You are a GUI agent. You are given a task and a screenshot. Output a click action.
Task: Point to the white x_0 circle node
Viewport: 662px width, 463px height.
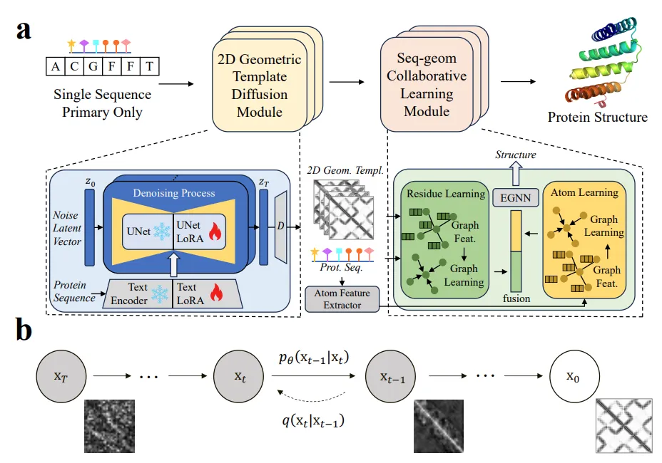coord(574,377)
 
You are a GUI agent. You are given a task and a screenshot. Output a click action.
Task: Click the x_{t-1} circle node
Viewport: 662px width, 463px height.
coord(390,377)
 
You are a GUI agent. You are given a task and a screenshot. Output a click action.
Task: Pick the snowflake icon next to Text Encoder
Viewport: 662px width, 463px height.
coord(162,293)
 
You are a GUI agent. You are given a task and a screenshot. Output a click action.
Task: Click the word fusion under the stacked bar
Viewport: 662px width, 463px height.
coord(516,298)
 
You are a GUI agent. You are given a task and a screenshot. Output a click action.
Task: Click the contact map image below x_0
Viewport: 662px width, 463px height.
coord(620,427)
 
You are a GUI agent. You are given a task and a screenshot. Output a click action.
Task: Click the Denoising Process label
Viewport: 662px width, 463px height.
coord(173,192)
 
